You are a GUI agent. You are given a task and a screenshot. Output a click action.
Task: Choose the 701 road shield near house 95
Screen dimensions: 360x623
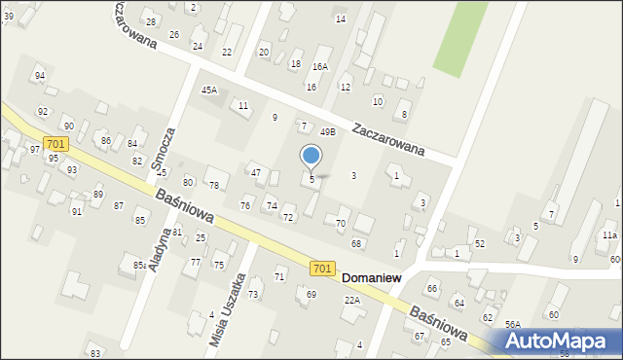[56, 144]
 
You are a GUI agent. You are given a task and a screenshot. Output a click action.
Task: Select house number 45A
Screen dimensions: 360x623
[209, 90]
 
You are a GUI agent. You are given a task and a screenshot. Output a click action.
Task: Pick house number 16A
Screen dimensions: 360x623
[320, 67]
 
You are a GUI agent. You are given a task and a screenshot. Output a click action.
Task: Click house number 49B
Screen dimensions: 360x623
[328, 131]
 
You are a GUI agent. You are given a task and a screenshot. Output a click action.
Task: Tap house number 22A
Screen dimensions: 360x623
[352, 301]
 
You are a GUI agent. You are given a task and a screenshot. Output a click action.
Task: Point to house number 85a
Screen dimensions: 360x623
[140, 265]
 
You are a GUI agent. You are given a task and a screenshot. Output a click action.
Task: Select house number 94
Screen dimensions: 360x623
[40, 75]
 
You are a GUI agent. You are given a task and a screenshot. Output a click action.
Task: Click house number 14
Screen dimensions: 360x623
[341, 18]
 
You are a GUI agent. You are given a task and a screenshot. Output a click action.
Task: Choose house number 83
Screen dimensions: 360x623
[94, 352]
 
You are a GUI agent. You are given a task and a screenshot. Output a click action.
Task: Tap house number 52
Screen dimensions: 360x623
[480, 243]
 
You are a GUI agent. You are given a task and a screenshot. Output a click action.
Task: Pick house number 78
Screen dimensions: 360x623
[214, 185]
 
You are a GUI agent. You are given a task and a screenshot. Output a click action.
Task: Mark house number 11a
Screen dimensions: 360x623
[608, 235]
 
